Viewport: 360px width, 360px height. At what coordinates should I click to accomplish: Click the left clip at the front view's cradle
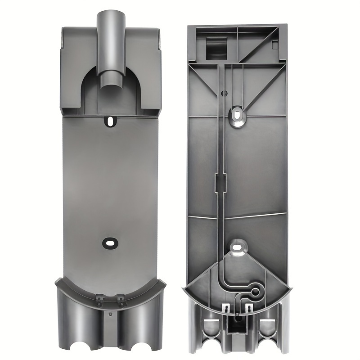coord(98,297)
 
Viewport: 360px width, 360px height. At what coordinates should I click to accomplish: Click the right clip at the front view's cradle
coord(121,297)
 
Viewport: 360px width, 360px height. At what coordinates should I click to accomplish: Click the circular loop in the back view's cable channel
coord(255,292)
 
